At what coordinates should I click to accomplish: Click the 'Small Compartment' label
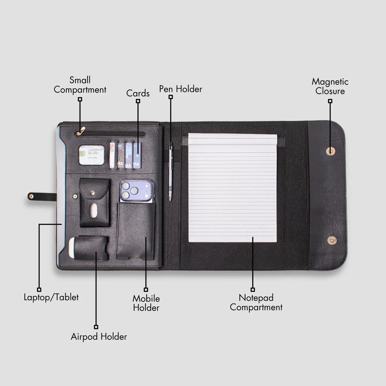80,85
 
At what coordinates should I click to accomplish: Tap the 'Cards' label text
138,93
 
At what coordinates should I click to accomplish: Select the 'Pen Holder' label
181,89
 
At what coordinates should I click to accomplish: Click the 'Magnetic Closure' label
330,86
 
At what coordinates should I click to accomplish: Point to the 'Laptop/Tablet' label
51,297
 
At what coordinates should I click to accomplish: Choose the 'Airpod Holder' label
99,337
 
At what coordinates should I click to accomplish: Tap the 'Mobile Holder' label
146,303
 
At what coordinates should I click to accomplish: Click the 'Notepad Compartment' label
256,302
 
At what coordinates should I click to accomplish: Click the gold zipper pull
81,131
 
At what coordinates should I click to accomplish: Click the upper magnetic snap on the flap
330,151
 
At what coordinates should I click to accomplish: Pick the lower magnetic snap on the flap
332,240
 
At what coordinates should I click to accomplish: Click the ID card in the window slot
92,155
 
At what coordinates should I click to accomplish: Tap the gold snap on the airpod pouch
93,193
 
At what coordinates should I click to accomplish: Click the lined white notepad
233,188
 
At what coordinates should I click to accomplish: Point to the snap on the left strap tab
31,196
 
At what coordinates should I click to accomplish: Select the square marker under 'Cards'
138,101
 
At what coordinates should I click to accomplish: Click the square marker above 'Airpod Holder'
96,327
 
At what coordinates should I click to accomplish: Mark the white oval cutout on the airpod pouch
93,210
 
